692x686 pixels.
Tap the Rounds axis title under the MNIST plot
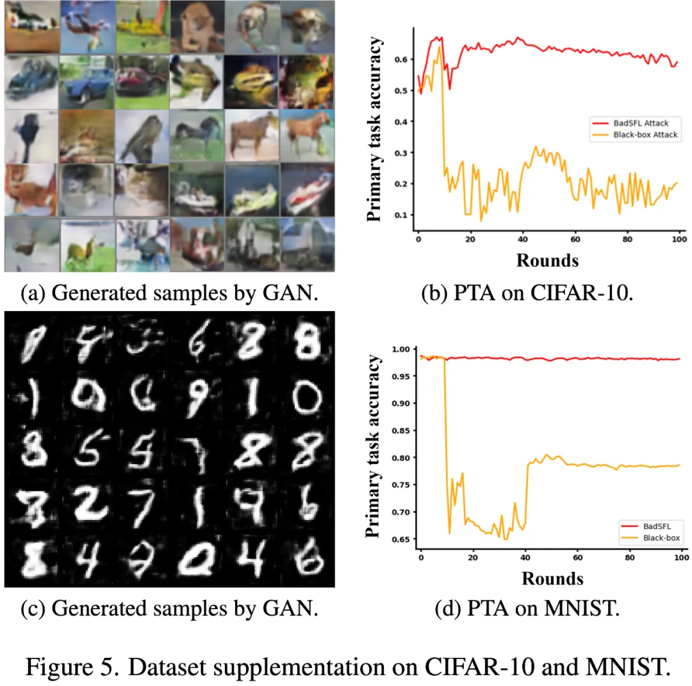(x=552, y=578)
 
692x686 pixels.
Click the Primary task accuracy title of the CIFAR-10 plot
(x=376, y=130)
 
